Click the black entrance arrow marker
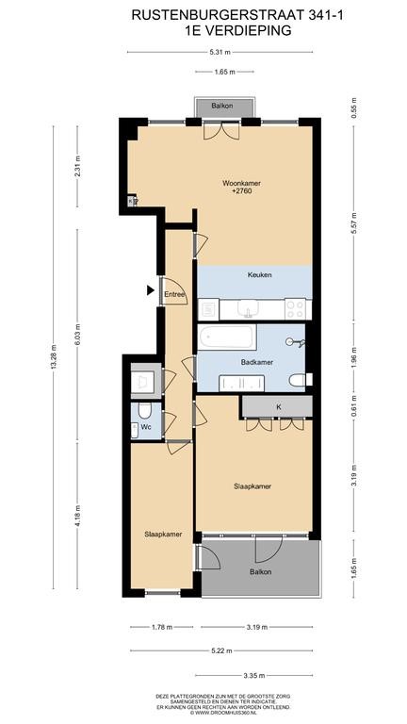pos(150,290)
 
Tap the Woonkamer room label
pos(242,183)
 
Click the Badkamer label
pos(257,362)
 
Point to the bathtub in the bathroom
pos(227,337)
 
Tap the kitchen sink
pos(249,309)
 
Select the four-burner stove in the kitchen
pos(295,309)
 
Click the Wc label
pos(146,428)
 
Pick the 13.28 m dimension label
pos(55,357)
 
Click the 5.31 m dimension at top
pos(220,52)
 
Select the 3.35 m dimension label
pos(253,676)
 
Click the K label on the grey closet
pos(278,407)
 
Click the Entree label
pos(174,294)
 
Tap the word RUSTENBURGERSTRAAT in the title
pos(217,15)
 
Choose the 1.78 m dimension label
pos(161,627)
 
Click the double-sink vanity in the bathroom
pos(242,384)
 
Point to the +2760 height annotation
pos(242,190)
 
